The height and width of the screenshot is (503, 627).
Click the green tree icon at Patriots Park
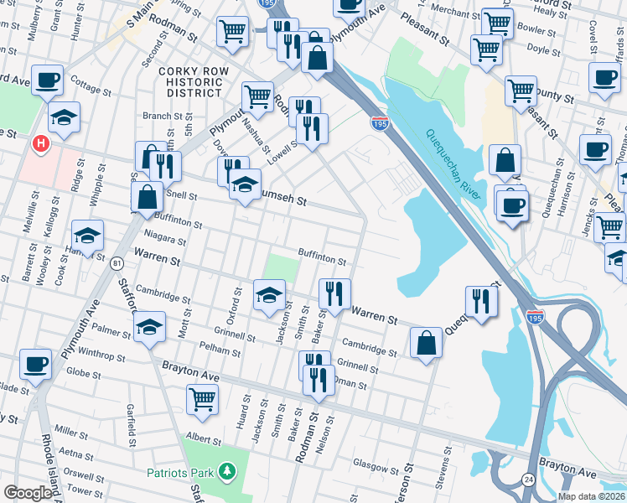tap(226, 473)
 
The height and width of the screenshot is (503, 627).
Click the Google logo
tap(28, 493)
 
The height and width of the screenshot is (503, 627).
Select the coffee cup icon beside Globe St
tap(35, 365)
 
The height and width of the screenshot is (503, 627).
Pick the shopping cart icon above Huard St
tap(202, 400)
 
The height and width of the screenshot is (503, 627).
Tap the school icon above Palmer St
tap(149, 326)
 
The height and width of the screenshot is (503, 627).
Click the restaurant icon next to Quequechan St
tap(481, 300)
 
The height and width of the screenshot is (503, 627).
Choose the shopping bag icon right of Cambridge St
tap(426, 342)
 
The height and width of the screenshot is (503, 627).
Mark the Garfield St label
tap(131, 424)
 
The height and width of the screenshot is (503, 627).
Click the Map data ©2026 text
tap(591, 496)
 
